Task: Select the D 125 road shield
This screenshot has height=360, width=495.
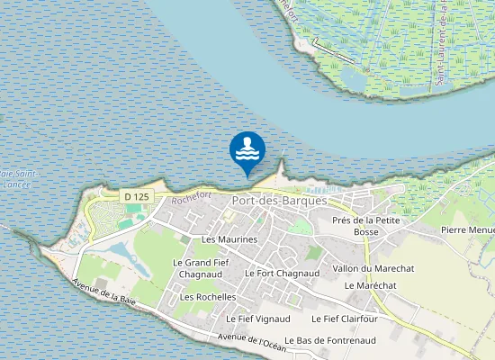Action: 137,196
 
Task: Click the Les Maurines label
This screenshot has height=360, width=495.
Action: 229,239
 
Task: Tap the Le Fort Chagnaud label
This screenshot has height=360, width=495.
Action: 283,273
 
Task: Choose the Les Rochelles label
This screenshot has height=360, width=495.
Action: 208,296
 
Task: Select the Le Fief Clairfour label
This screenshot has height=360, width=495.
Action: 343,318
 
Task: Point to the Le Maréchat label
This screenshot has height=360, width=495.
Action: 370,284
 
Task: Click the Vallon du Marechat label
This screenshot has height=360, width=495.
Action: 373,268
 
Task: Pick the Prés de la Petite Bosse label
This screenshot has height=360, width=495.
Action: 365,226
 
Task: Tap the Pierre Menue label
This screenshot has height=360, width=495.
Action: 468,229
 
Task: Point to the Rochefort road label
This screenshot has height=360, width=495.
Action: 190,193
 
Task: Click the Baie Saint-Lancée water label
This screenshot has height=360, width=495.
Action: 16,178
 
